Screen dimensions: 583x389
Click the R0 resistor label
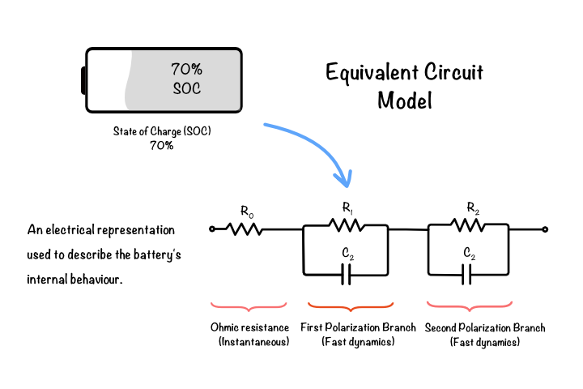point(247,212)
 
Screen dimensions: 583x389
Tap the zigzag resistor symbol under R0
point(245,229)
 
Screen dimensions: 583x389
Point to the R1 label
point(347,207)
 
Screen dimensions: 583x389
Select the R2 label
point(473,207)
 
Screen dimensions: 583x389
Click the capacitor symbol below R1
point(347,275)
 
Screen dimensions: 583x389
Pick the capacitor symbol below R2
point(466,275)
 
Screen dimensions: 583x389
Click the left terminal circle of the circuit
point(212,229)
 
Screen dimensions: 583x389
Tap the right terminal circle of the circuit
point(545,229)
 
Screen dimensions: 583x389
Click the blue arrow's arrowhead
point(345,178)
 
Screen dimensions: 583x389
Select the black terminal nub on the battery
point(83,80)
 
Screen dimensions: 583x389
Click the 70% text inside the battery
point(187,69)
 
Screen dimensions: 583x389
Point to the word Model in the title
point(405,100)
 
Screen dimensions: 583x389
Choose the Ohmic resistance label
point(249,327)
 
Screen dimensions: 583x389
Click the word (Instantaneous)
point(254,342)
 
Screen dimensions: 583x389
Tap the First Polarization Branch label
point(358,327)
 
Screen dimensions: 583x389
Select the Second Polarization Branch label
point(485,328)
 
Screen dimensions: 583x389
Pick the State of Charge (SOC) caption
point(162,131)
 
